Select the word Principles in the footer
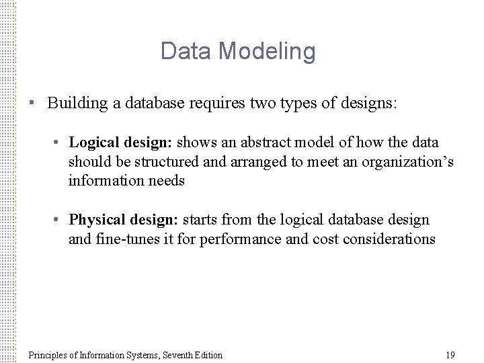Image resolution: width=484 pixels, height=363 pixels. (x=49, y=354)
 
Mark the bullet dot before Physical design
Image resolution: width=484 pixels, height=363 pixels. (x=60, y=220)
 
